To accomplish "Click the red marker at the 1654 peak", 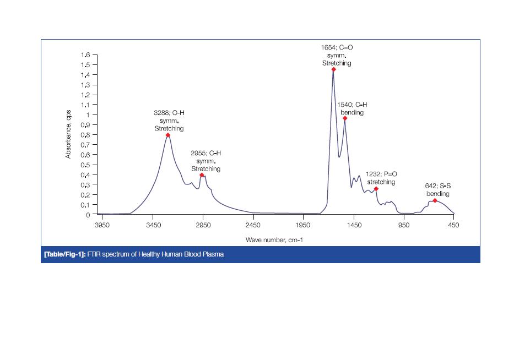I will (x=334, y=69).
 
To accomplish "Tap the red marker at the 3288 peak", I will (x=168, y=135).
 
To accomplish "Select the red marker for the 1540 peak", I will (x=345, y=118).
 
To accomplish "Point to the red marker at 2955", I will (x=202, y=175).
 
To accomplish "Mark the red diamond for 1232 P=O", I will (x=376, y=189).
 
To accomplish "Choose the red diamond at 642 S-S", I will (x=435, y=200).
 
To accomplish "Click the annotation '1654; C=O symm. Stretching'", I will (x=337, y=56).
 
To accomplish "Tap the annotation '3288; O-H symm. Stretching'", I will (x=169, y=121).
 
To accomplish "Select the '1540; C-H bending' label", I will (x=352, y=108).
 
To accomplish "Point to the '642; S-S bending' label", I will (x=437, y=190).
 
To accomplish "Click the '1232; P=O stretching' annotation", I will (x=381, y=178).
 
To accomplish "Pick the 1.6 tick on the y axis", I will (x=85, y=55).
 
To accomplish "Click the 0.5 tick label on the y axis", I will (x=85, y=165).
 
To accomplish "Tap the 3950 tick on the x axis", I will (x=102, y=225).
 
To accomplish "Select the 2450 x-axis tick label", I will (x=253, y=225).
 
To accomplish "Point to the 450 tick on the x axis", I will (x=453, y=225).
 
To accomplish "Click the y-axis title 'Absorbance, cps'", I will (x=68, y=134).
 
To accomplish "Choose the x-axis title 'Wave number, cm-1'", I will (x=274, y=240).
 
